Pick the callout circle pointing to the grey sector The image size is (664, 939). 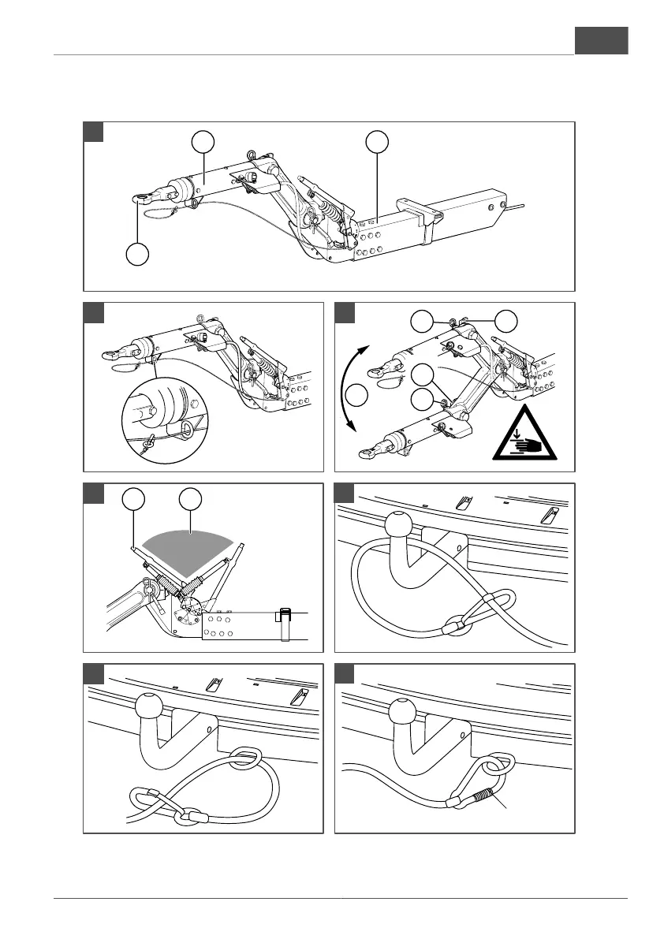[189, 498]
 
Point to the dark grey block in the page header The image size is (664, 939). [601, 40]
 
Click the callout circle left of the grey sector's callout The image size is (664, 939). [134, 498]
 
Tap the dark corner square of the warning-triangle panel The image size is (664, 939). [345, 312]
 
